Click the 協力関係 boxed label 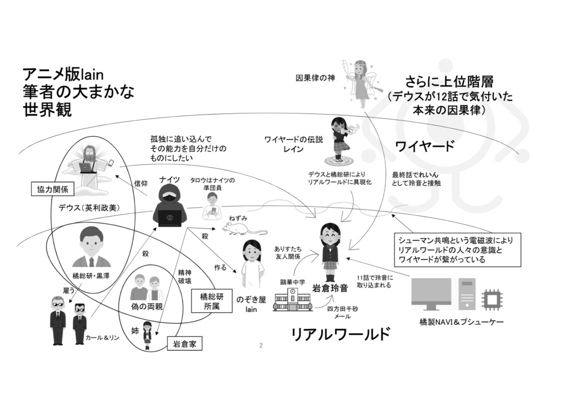click(53, 190)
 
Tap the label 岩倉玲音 click(330, 287)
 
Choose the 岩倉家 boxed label click(184, 345)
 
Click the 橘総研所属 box click(211, 301)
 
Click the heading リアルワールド click(340, 334)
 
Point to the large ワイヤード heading click(425, 146)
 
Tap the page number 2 click(261, 346)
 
